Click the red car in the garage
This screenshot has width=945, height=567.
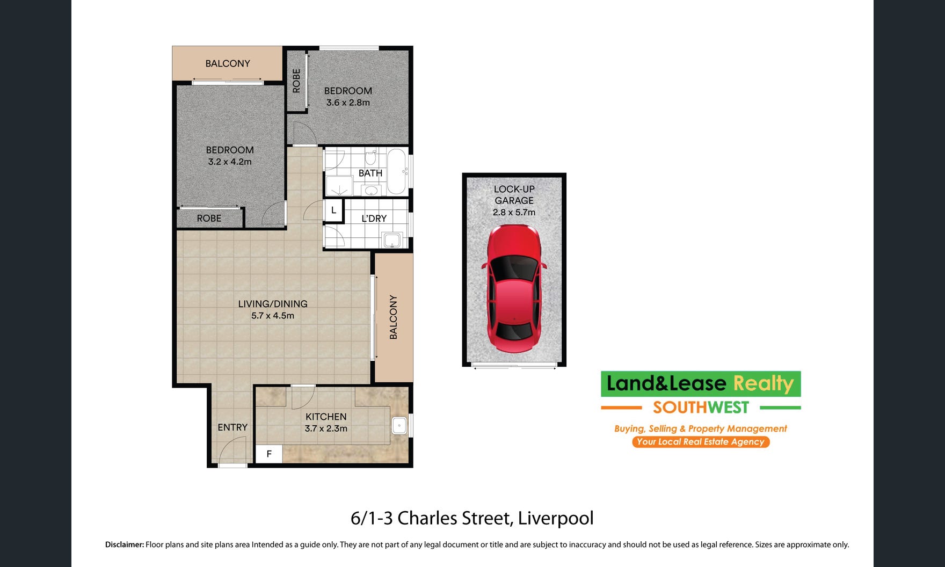click(514, 289)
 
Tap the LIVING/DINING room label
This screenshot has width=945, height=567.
click(273, 304)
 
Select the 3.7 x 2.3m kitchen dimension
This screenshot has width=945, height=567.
click(326, 428)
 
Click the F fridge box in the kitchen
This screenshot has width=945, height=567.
click(269, 454)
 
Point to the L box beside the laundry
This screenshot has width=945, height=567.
click(333, 210)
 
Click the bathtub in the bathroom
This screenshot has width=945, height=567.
click(397, 172)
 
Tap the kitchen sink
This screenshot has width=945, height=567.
click(399, 426)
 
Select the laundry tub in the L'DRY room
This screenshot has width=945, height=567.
click(392, 240)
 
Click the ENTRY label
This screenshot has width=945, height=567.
click(232, 427)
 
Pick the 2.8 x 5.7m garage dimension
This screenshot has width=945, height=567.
click(514, 212)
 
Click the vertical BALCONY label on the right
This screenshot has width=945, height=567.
click(394, 317)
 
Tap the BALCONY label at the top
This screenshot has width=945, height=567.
click(228, 63)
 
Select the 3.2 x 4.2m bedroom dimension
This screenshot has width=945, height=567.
click(230, 162)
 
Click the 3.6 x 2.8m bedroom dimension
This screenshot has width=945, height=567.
click(348, 103)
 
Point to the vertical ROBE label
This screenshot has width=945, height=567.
click(296, 81)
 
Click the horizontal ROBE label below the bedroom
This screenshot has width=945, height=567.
click(209, 219)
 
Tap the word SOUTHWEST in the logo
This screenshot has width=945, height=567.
click(701, 408)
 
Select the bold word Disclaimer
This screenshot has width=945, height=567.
click(125, 544)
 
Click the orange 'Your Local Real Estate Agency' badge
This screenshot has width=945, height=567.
click(701, 442)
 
